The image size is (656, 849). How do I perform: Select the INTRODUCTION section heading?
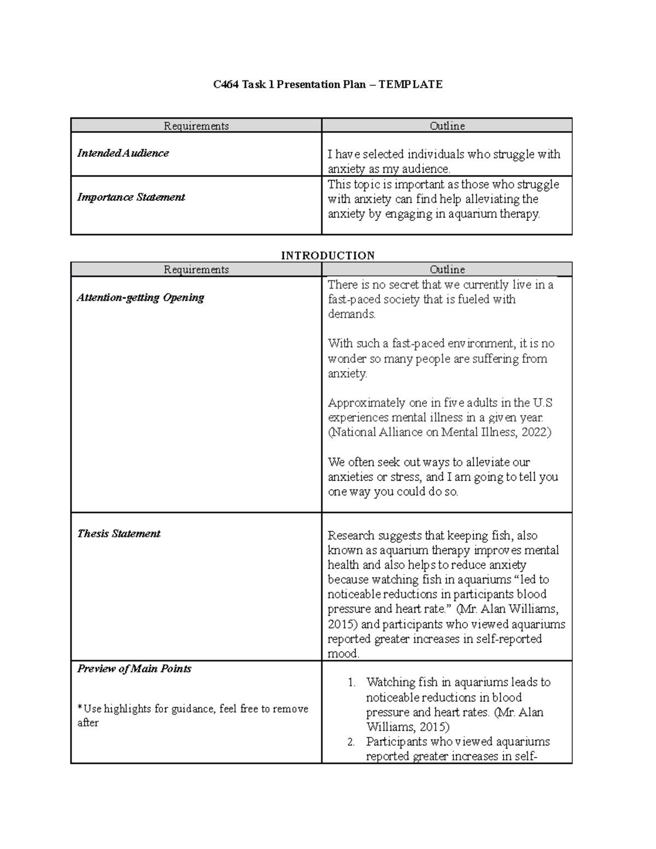pos(327,255)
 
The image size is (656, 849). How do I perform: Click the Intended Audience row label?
pos(123,153)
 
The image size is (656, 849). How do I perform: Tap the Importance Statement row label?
pos(131,197)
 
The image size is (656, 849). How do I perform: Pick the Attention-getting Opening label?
pos(140,297)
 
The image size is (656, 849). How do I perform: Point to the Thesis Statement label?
pos(119,534)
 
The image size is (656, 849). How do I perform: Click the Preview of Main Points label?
pos(134,669)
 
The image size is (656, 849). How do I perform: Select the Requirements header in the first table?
pos(196,126)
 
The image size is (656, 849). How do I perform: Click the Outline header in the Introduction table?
pos(447,270)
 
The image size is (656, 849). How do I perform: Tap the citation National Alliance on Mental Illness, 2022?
pos(440,432)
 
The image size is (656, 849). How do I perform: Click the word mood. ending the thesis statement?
pos(343,653)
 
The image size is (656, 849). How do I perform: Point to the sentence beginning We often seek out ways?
pos(442,477)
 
